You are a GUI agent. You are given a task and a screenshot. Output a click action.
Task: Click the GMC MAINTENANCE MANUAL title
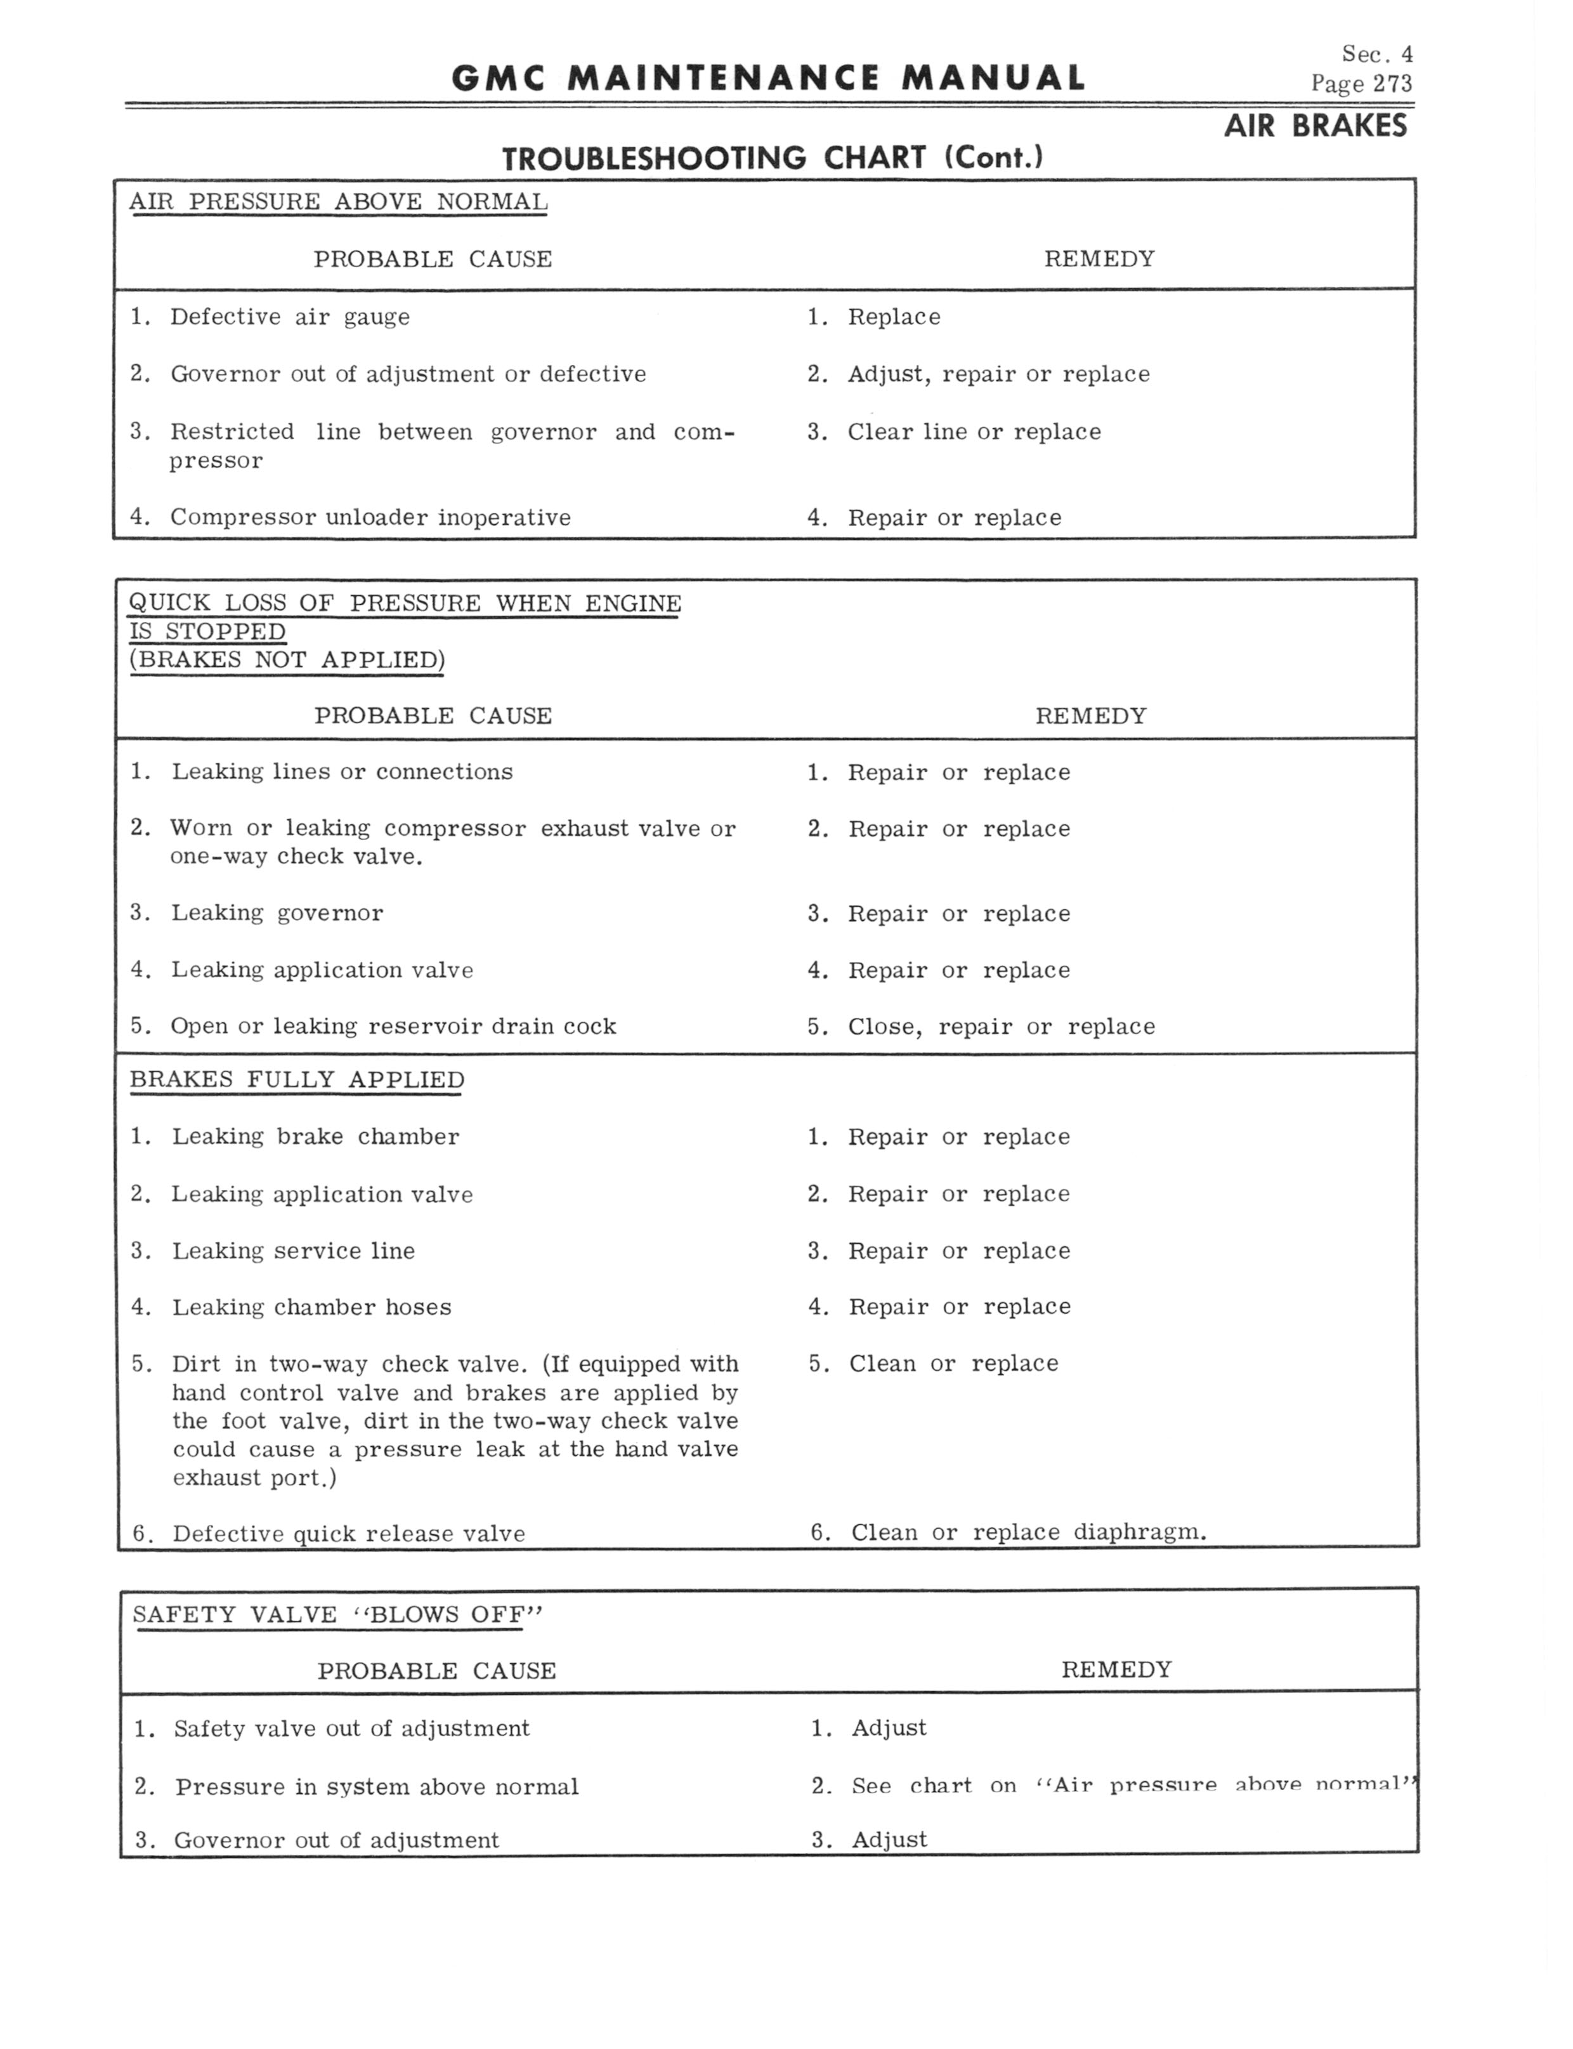click(767, 79)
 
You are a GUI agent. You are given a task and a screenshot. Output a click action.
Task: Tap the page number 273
click(1392, 84)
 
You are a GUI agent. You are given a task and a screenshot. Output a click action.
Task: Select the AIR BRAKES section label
click(1315, 126)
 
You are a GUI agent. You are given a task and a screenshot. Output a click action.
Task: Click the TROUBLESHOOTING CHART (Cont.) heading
click(773, 158)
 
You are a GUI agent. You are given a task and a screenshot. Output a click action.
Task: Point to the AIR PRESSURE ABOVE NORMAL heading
click(338, 202)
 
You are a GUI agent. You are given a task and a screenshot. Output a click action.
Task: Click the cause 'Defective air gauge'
click(289, 317)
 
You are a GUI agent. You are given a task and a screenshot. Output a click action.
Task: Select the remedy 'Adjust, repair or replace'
click(998, 374)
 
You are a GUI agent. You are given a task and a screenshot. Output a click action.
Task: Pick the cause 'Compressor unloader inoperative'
click(370, 518)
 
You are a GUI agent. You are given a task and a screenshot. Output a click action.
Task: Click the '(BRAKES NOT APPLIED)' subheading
click(287, 660)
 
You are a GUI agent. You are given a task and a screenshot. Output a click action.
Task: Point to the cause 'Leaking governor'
click(277, 913)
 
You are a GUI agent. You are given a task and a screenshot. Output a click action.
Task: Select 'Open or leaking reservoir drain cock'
click(393, 1026)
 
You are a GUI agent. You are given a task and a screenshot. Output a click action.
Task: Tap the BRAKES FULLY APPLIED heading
click(297, 1080)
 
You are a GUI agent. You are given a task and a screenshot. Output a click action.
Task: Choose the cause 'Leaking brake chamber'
click(315, 1137)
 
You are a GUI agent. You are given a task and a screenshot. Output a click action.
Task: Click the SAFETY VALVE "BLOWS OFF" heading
click(337, 1614)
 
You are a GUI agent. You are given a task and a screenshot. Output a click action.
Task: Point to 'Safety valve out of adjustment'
click(351, 1729)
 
